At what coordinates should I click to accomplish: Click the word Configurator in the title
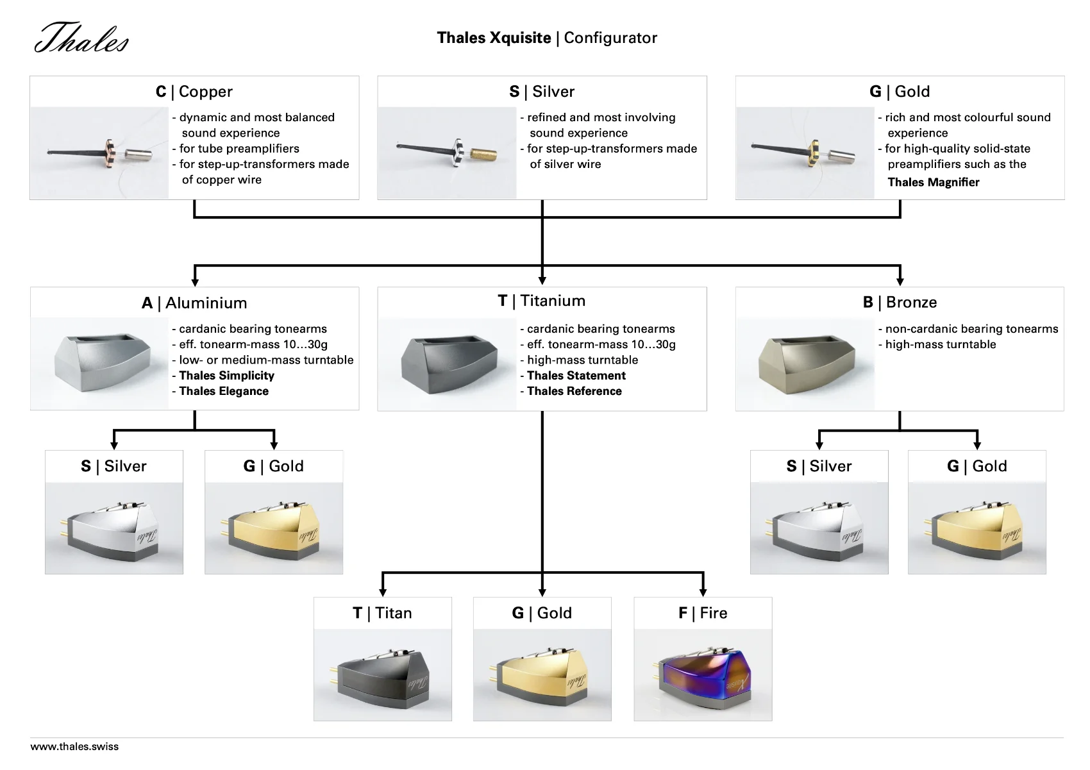[610, 38]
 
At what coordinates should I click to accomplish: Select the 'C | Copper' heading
[194, 92]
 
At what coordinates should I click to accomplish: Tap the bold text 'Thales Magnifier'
[934, 182]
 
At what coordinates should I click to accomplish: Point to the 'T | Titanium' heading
[542, 301]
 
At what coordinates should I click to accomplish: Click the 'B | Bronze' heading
[900, 302]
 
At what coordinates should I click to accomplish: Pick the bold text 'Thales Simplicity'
[226, 376]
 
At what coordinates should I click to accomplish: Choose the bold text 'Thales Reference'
[574, 391]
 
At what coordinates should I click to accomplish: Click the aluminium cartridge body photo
[100, 364]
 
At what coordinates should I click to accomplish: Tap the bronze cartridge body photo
[805, 364]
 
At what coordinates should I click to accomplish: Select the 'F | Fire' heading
[703, 613]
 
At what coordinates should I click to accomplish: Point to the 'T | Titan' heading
[382, 613]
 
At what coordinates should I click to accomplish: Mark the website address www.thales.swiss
[74, 746]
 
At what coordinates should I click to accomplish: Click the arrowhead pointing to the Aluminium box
[195, 281]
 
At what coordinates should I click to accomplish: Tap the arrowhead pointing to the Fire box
[703, 592]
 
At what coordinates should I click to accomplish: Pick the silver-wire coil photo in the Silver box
[447, 153]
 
